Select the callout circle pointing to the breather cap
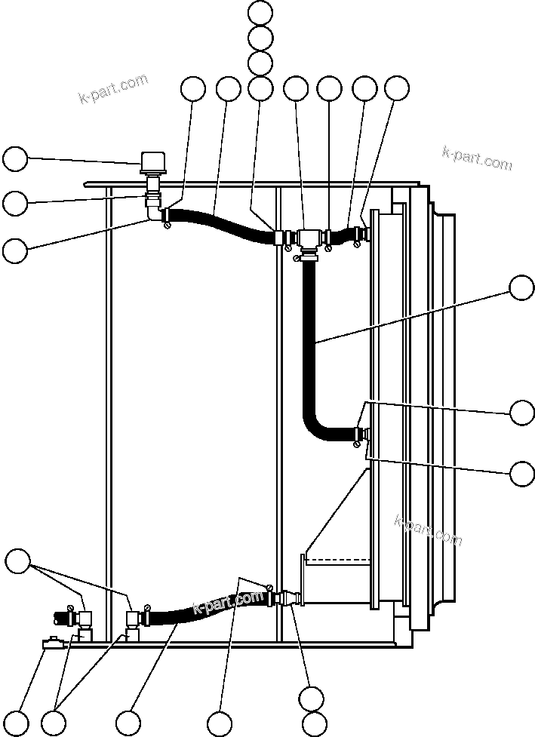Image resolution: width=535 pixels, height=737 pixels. point(15,159)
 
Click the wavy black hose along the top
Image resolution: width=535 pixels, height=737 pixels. point(219,225)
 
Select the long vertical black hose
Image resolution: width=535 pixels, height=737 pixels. point(309,339)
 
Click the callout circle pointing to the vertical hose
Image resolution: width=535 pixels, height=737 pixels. point(521,288)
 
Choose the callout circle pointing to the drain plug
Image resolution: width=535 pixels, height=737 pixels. point(15,723)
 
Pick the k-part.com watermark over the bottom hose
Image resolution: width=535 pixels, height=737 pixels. point(227,603)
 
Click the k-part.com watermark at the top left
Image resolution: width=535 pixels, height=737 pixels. point(113,88)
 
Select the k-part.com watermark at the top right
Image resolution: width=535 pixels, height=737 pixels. point(477,158)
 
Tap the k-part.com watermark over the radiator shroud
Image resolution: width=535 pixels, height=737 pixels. point(428,530)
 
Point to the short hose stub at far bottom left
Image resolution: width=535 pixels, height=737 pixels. point(60,617)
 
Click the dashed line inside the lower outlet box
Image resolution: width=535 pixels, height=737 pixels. point(340,560)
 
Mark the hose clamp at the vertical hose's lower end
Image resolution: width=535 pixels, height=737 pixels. point(355,445)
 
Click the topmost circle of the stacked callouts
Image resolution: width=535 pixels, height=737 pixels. point(260,12)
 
